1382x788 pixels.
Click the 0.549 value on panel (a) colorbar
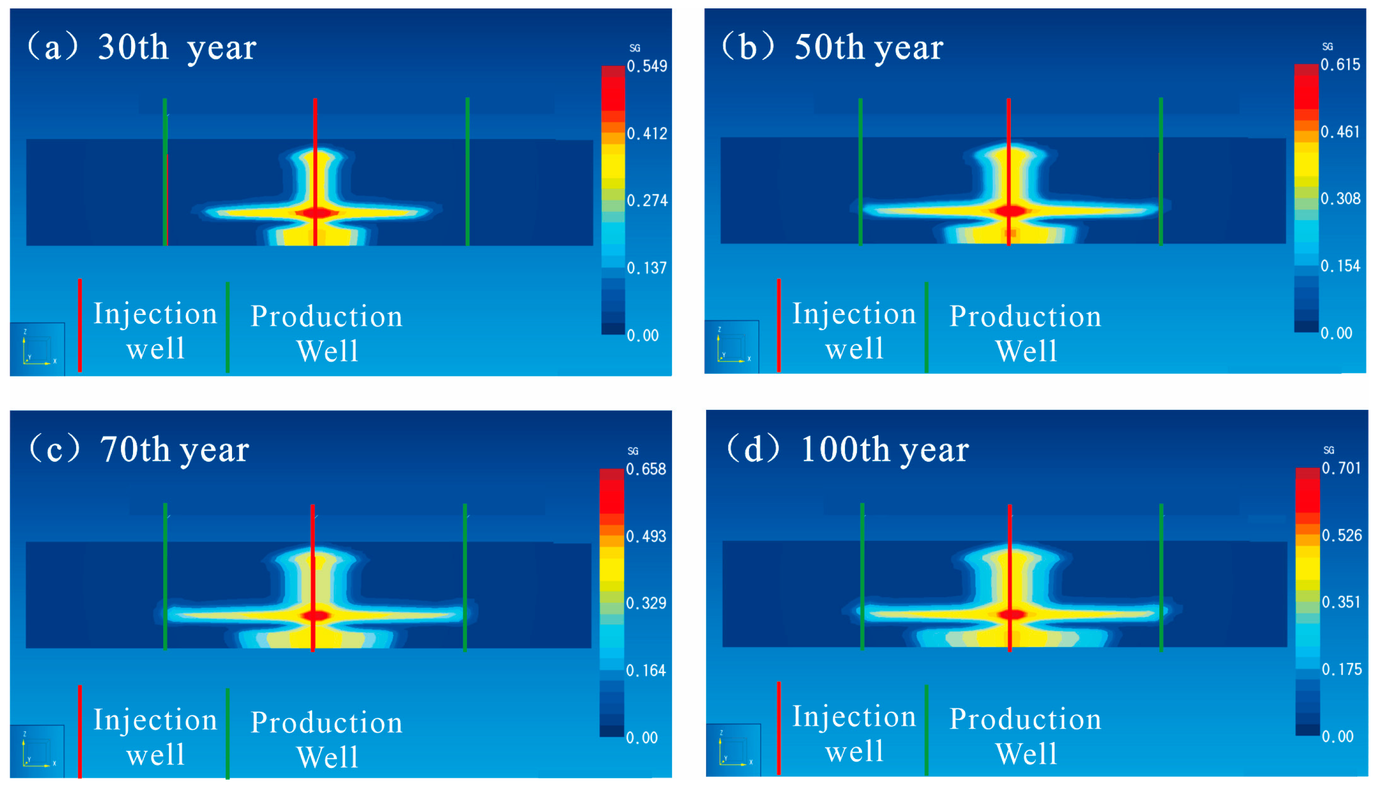(x=646, y=66)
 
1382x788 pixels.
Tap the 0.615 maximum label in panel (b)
(x=1340, y=64)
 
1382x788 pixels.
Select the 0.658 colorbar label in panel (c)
(x=646, y=469)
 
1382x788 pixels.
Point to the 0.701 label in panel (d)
(x=1341, y=467)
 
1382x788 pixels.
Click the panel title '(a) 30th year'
(x=142, y=47)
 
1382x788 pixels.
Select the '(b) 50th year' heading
(x=832, y=47)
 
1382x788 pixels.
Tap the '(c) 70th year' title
(x=139, y=449)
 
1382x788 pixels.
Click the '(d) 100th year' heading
(x=847, y=449)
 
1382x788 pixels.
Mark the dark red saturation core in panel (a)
(x=319, y=213)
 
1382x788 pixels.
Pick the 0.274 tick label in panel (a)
(x=646, y=201)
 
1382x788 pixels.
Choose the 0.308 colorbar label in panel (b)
(x=1340, y=199)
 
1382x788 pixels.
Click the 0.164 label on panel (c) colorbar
(x=646, y=671)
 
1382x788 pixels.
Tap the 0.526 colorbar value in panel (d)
(x=1341, y=535)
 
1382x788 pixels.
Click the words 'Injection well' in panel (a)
(x=155, y=330)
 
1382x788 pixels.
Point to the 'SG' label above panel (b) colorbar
(x=1328, y=47)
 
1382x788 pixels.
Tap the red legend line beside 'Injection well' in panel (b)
(x=778, y=325)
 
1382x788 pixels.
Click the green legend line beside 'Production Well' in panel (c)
(x=228, y=733)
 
